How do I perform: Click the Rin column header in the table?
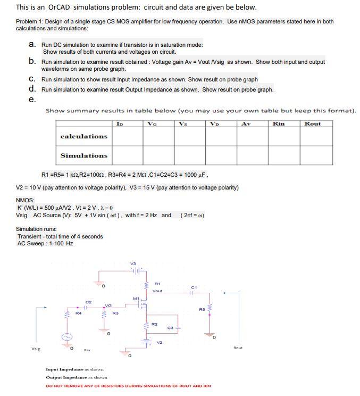tap(278, 123)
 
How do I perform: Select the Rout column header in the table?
tap(312, 123)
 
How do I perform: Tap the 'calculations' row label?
tap(83, 136)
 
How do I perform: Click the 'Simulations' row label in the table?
tap(83, 155)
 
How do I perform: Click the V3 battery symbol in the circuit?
tap(136, 271)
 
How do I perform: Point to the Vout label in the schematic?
tap(157, 291)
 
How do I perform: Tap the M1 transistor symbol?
tap(142, 306)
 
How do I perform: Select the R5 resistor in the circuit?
tap(210, 309)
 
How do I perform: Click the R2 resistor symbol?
tap(147, 325)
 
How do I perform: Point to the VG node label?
tap(108, 305)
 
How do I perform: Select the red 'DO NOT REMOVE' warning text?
tap(128, 385)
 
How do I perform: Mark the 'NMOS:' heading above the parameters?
tap(26, 201)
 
